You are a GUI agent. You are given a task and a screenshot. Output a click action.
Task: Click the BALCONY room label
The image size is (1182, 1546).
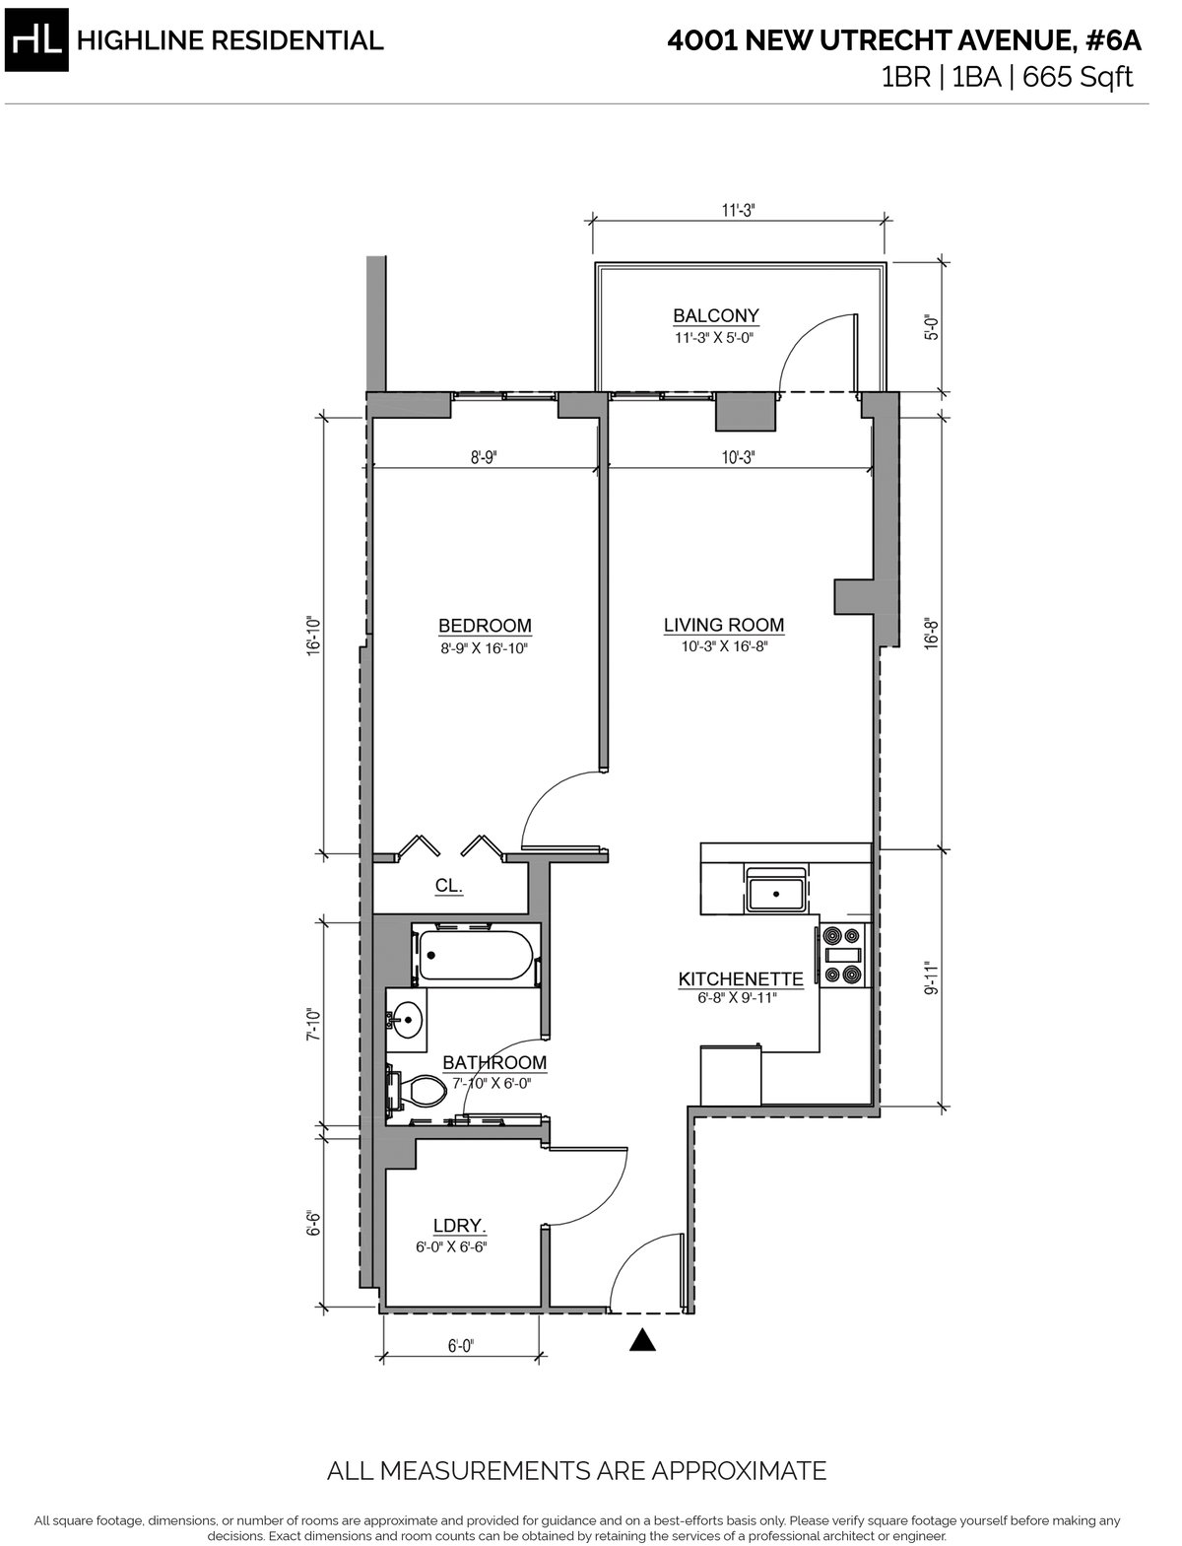click(x=715, y=315)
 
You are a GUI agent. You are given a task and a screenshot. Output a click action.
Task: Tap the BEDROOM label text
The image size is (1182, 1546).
click(x=485, y=626)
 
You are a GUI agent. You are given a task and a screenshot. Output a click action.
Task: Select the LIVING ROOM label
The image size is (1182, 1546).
click(x=723, y=625)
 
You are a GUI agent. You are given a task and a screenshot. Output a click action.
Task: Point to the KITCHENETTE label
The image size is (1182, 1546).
click(x=740, y=979)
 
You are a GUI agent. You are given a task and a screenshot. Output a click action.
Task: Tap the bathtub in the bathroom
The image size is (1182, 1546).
click(x=475, y=955)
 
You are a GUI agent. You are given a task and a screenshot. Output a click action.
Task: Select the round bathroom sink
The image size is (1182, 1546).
click(x=407, y=1019)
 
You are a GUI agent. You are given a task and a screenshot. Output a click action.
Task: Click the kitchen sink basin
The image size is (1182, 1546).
click(x=776, y=893)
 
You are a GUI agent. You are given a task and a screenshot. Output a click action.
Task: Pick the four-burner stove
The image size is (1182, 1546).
click(x=843, y=955)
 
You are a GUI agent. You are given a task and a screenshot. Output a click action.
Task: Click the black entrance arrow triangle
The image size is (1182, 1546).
click(x=642, y=1340)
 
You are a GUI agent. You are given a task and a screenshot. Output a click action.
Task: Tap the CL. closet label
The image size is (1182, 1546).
click(x=448, y=886)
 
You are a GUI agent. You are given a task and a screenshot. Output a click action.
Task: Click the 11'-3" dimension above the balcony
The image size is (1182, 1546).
click(x=738, y=211)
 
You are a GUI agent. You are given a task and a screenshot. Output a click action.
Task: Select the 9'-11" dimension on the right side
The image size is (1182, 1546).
click(x=932, y=977)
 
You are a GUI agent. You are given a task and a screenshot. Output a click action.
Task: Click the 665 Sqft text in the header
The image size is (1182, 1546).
click(x=1078, y=77)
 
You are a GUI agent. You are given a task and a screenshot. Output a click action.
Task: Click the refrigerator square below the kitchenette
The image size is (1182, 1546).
click(x=731, y=1076)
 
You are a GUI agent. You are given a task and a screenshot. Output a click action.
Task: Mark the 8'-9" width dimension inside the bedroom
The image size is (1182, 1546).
click(x=484, y=457)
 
